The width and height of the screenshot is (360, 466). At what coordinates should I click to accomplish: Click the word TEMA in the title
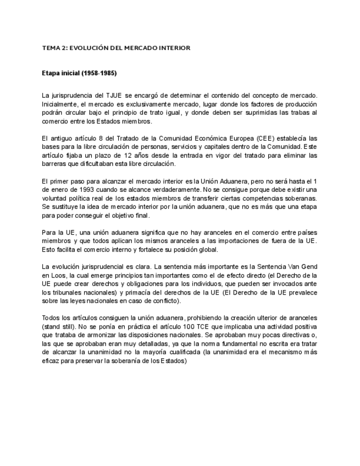(x=51, y=48)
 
